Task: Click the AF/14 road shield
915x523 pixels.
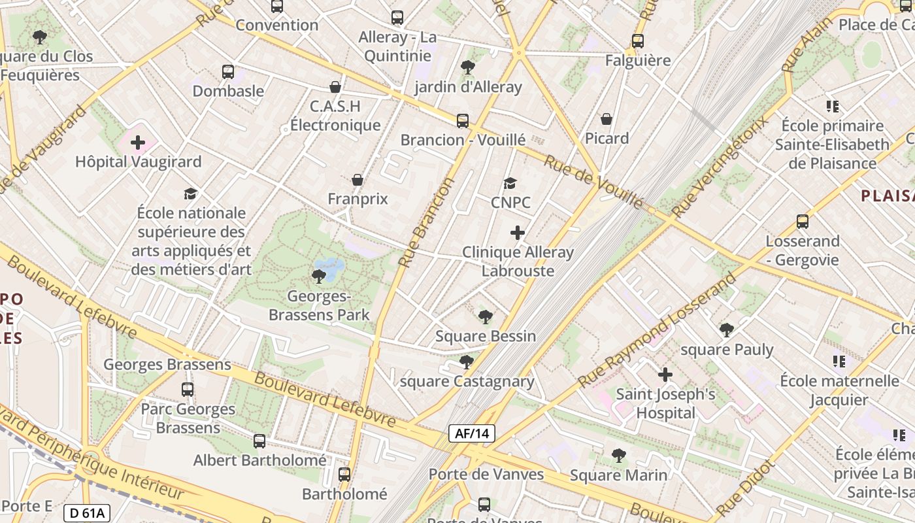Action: (472, 433)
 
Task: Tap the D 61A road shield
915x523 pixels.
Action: (87, 513)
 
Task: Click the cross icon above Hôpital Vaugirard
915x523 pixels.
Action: (138, 142)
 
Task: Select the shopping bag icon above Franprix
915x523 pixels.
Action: (358, 180)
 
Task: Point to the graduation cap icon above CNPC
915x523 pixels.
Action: (510, 184)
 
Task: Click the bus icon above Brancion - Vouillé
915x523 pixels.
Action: (463, 120)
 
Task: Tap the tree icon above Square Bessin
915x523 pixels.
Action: (485, 317)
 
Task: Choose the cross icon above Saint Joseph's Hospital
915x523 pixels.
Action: (665, 375)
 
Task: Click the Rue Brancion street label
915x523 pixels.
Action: (426, 222)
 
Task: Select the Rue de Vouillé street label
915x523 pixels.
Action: (593, 182)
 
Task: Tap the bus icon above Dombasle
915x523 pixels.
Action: (227, 72)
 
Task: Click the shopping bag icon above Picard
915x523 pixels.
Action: (607, 119)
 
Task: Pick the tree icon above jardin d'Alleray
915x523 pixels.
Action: (467, 67)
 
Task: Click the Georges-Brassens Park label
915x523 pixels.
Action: (320, 305)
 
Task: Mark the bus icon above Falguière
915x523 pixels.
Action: (638, 41)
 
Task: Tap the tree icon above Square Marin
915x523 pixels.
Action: (618, 456)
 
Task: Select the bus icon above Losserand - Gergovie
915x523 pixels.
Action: (803, 222)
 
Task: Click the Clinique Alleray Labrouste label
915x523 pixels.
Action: (518, 261)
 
